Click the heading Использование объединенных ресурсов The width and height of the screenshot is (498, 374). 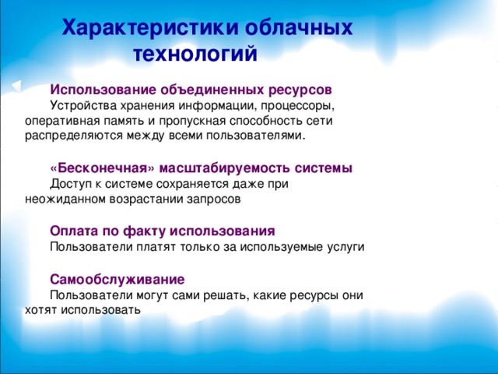(x=191, y=90)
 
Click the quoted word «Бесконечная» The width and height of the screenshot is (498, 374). (x=94, y=168)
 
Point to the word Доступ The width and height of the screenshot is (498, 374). (x=70, y=184)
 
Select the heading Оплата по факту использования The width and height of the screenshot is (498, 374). (x=162, y=231)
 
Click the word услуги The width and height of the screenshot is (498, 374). (x=344, y=247)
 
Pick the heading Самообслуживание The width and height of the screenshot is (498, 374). (x=117, y=279)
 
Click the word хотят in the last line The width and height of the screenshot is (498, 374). (x=39, y=309)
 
